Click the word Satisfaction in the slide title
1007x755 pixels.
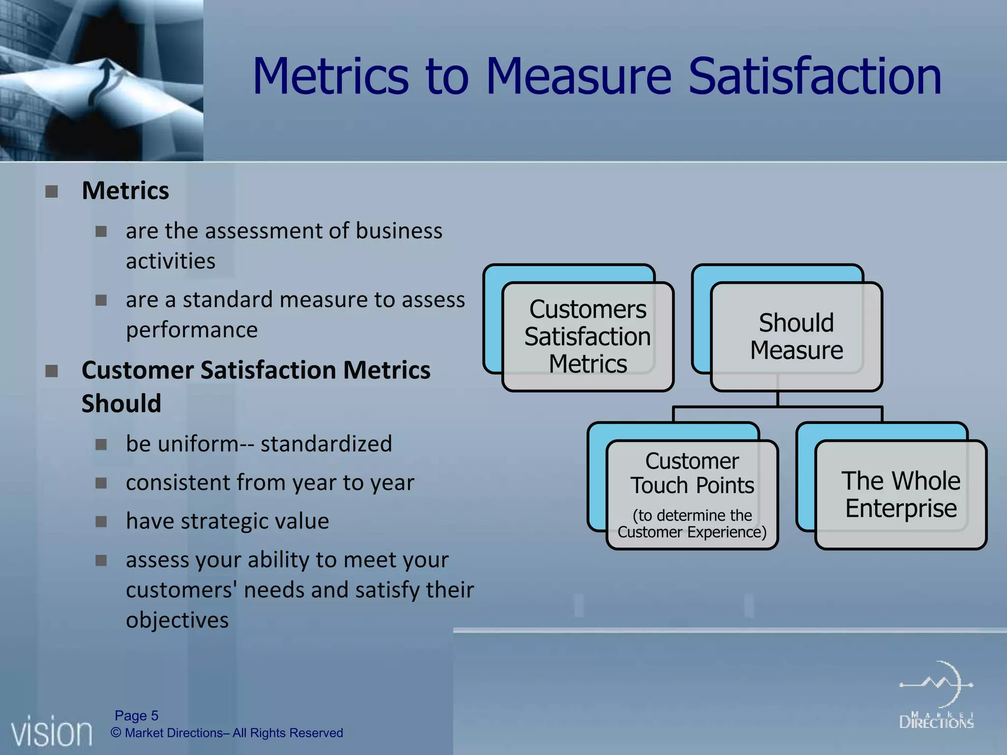pyautogui.click(x=814, y=76)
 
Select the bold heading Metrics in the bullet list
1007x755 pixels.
pyautogui.click(x=125, y=191)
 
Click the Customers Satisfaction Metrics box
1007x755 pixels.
pyautogui.click(x=588, y=337)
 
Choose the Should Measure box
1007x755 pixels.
pyautogui.click(x=796, y=337)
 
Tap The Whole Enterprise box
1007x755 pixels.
pyautogui.click(x=901, y=494)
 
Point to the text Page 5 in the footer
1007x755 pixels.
pyautogui.click(x=136, y=715)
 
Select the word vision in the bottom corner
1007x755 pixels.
pyautogui.click(x=52, y=733)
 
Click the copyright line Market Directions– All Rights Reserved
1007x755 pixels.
pyautogui.click(x=227, y=733)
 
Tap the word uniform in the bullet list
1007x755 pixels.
pyautogui.click(x=189, y=444)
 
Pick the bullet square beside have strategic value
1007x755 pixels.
pyautogui.click(x=101, y=522)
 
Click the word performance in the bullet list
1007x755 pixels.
pyautogui.click(x=191, y=330)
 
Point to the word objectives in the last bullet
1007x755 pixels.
pyautogui.click(x=177, y=620)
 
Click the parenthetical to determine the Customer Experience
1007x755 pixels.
pyautogui.click(x=692, y=523)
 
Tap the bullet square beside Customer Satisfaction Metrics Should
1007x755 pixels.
pyautogui.click(x=52, y=371)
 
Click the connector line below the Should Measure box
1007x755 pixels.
pyautogui.click(x=777, y=407)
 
